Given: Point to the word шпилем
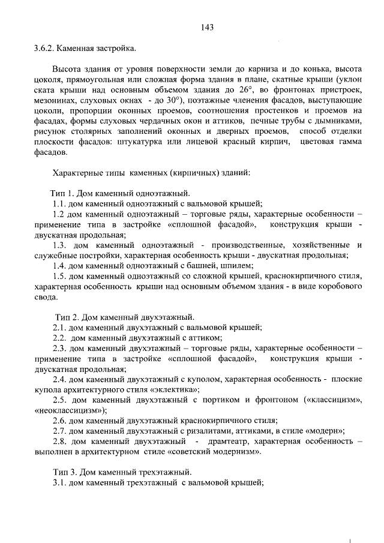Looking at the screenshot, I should point(239,265).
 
